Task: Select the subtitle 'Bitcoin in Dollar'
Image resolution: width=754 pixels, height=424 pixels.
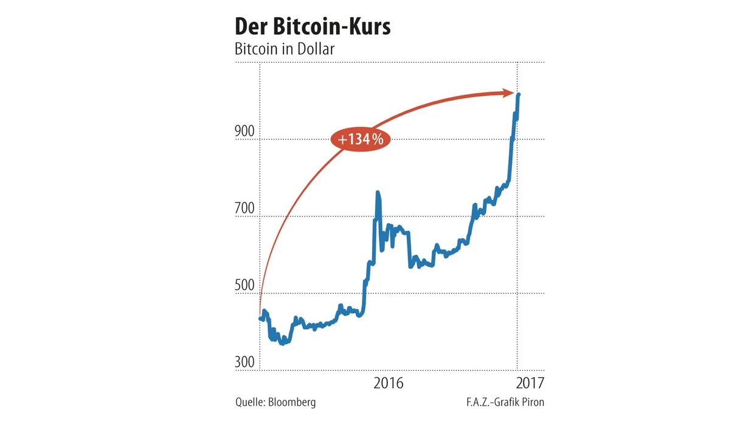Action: click(x=285, y=49)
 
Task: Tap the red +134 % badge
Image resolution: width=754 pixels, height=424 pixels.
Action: click(x=361, y=139)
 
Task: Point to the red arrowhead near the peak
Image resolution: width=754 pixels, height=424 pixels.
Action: click(x=511, y=92)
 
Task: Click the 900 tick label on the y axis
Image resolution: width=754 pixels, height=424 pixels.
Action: click(x=245, y=132)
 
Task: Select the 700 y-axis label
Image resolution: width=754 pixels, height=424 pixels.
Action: click(x=245, y=209)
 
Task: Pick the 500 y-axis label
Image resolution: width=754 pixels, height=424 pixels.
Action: click(x=245, y=285)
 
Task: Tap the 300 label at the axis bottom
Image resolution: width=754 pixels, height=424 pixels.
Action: click(x=245, y=362)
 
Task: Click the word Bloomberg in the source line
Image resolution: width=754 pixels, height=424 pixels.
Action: click(x=292, y=402)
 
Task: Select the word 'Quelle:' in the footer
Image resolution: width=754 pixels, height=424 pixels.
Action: click(x=250, y=402)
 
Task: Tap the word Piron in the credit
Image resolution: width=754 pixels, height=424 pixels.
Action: click(x=531, y=402)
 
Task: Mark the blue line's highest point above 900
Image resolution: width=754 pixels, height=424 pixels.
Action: click(x=518, y=94)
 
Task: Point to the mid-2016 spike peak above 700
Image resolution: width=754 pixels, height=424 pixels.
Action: click(x=378, y=193)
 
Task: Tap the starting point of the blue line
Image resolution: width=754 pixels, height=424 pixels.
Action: click(x=260, y=318)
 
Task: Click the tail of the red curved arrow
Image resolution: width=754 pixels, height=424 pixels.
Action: click(x=260, y=313)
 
